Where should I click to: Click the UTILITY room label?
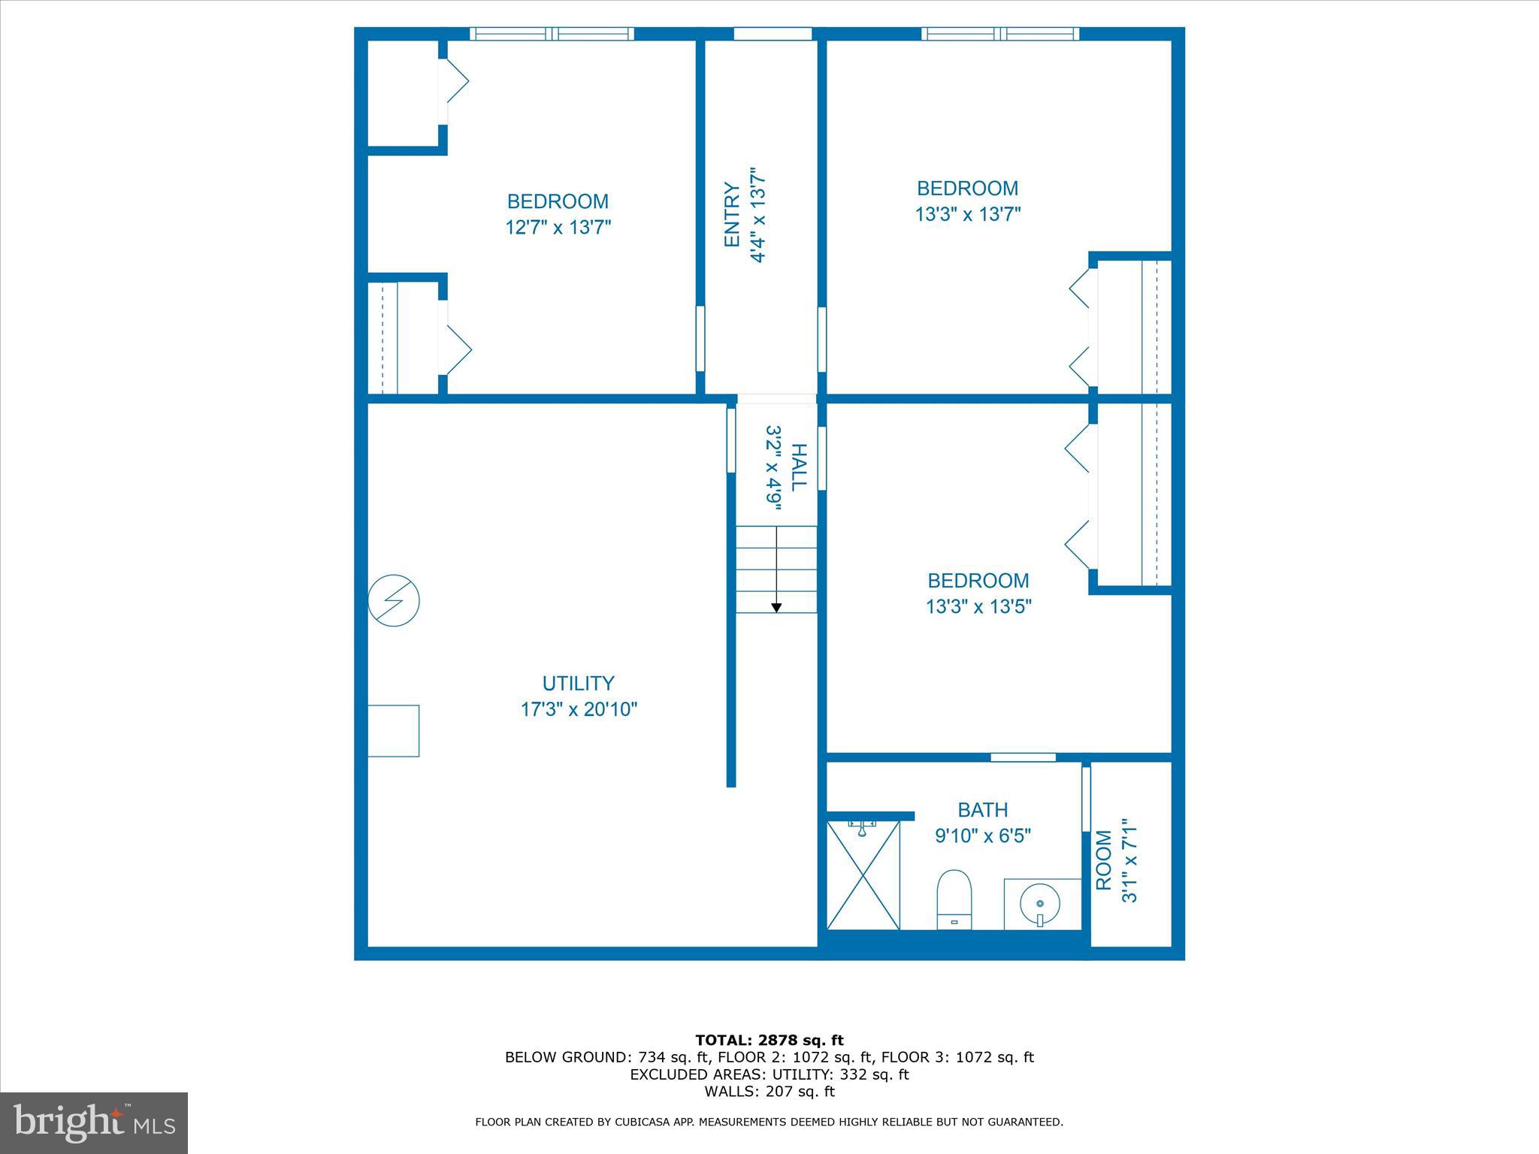578,683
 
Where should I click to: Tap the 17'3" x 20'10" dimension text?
579,709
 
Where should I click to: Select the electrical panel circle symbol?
393,600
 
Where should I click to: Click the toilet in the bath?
954,899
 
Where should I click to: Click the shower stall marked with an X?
863,875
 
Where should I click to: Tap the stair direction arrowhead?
776,607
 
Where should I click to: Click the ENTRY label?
732,215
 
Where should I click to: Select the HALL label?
799,467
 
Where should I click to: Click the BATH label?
982,810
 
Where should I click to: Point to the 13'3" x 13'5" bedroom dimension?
978,606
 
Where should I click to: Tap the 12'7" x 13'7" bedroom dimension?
558,227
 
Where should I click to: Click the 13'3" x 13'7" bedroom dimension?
967,215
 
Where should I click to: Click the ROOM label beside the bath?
1103,860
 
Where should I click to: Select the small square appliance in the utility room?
393,730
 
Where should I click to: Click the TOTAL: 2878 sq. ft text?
769,1041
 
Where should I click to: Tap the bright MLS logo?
94,1123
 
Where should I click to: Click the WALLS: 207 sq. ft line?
769,1092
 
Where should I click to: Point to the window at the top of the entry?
773,34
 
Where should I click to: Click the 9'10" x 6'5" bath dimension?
982,835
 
